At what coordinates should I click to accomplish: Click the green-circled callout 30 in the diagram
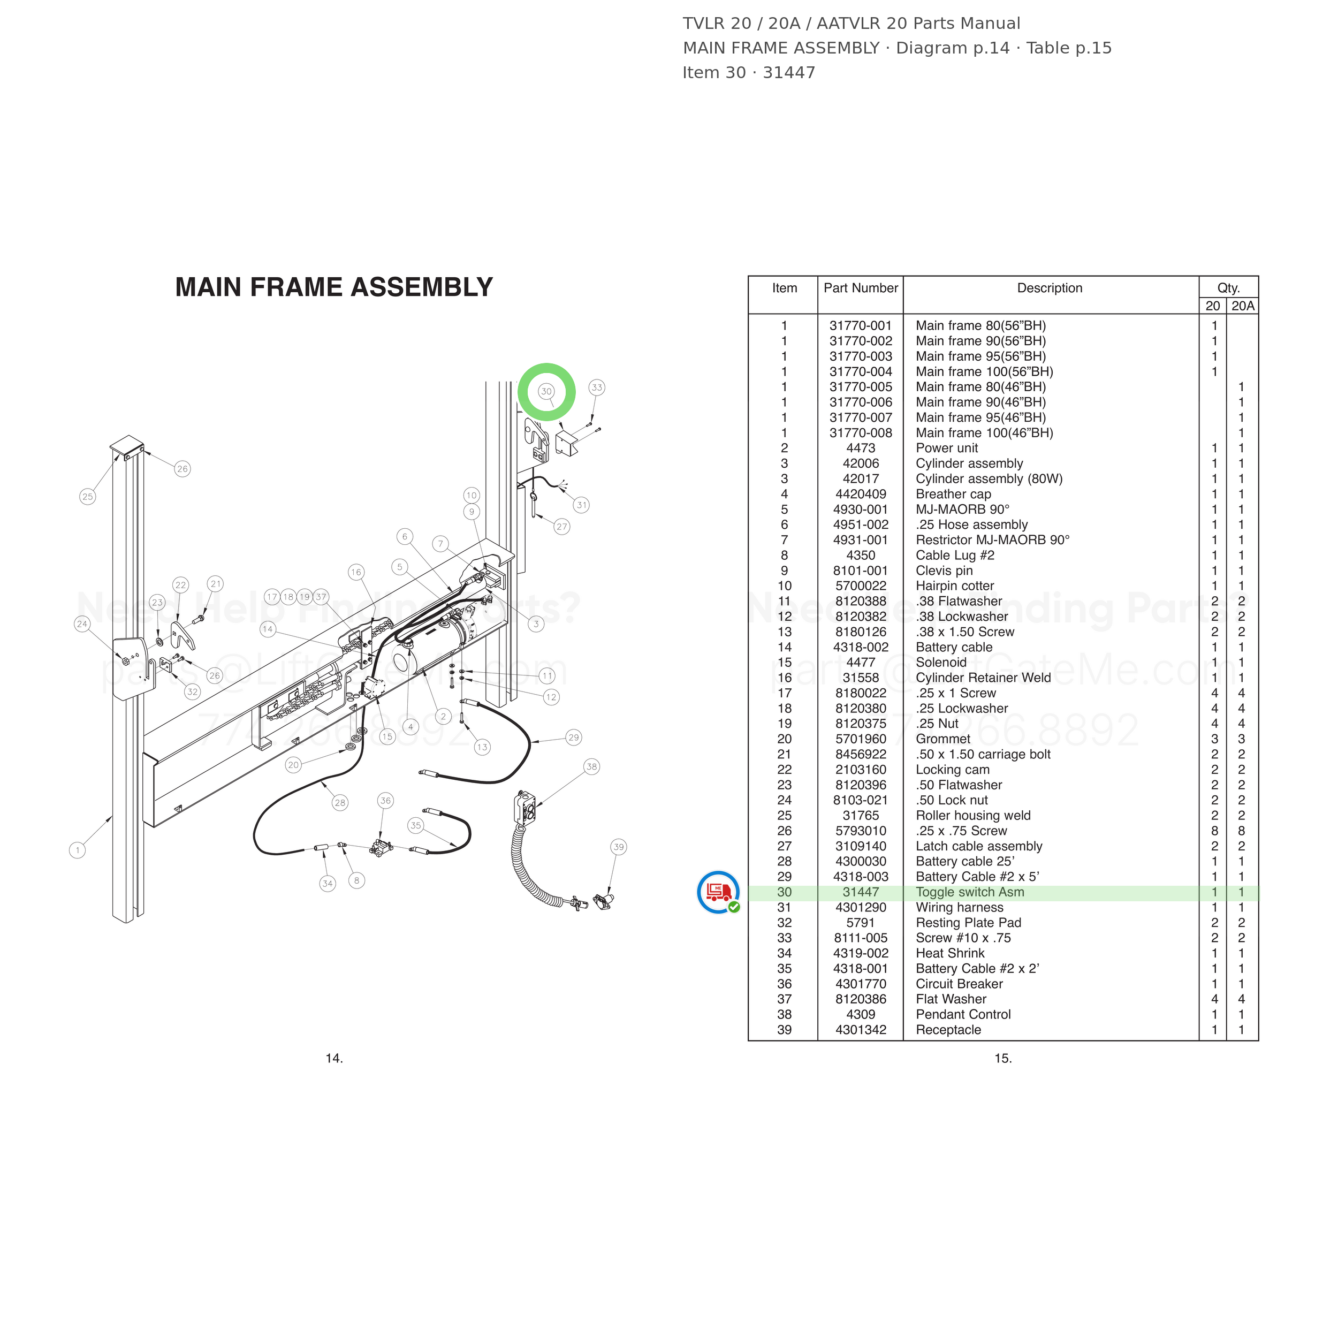546,391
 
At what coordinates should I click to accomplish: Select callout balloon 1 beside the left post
78,850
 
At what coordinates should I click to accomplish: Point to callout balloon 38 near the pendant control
591,766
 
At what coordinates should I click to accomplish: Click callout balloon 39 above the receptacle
619,847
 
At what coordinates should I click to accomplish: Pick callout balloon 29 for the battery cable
573,738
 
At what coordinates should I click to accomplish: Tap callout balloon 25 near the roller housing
87,497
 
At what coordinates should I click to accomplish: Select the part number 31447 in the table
861,892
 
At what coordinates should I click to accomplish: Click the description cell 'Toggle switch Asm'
970,892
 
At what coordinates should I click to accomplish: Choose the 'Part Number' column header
861,288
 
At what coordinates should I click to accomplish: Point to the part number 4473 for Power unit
861,448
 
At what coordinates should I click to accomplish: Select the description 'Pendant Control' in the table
963,1015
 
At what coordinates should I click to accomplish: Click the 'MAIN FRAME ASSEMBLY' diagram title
334,287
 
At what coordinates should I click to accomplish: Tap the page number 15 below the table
1003,1058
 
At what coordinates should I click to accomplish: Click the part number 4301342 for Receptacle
861,1030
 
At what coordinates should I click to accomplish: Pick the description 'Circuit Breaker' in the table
959,984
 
